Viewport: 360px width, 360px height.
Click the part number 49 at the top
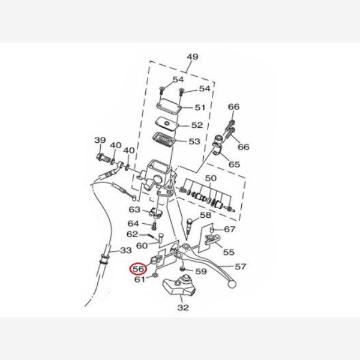pos(192,58)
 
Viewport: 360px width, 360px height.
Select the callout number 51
pos(200,108)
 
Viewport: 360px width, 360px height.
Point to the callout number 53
pos(194,142)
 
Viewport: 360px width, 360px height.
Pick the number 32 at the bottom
pos(183,308)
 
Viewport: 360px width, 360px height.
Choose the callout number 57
pos(240,266)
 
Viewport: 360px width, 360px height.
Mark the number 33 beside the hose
pos(126,250)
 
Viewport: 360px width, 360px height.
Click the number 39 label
pos(100,140)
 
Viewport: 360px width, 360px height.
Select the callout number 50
pos(210,179)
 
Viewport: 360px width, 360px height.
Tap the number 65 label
pos(234,164)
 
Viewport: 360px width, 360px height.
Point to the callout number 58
pos(205,215)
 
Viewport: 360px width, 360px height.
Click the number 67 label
pos(230,229)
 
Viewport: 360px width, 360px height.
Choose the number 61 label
pos(139,279)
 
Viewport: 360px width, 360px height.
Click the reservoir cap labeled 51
pos(172,106)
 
